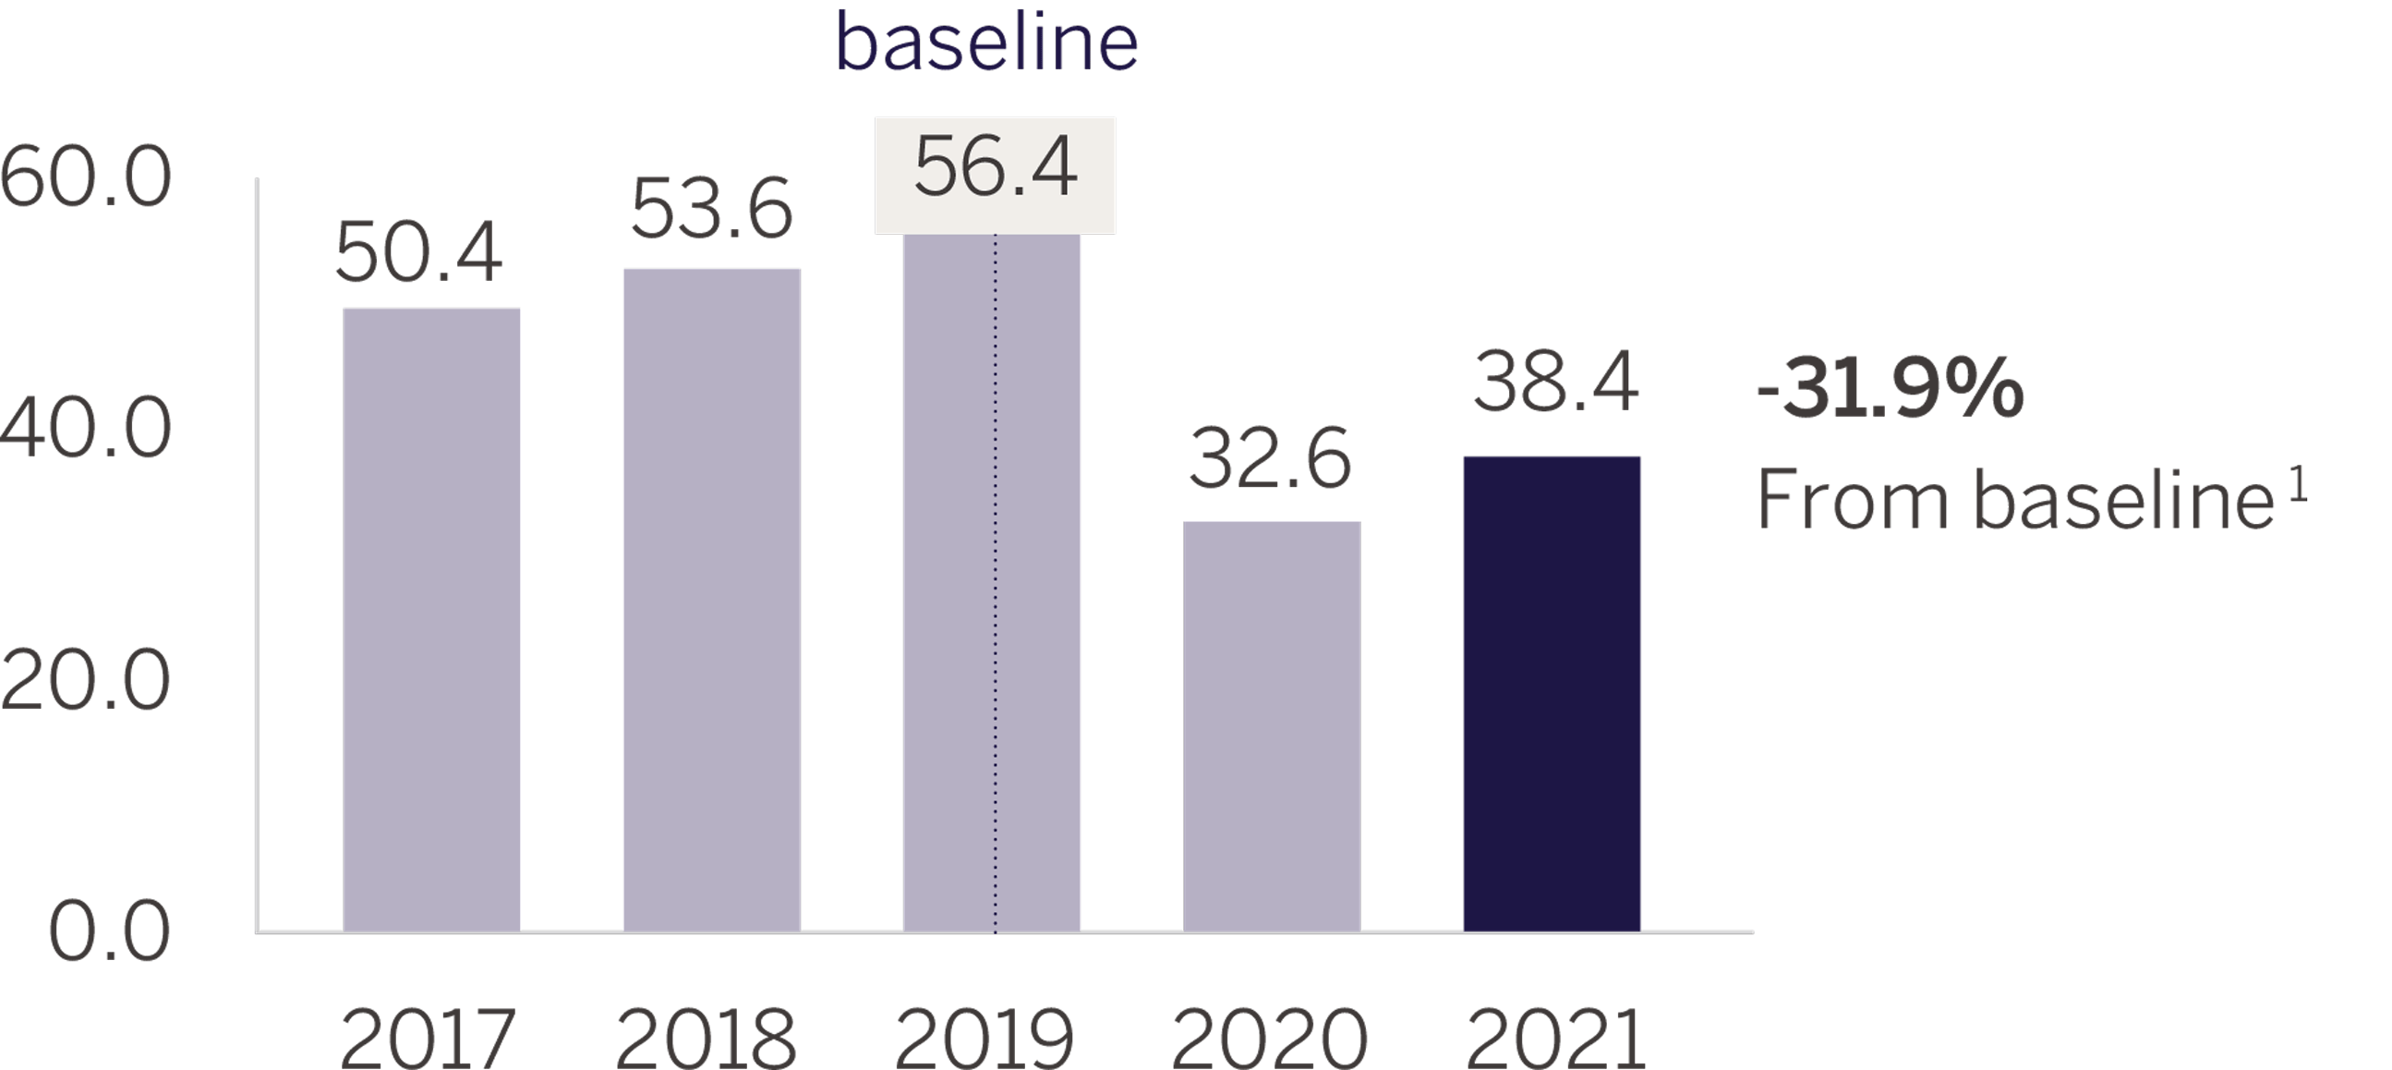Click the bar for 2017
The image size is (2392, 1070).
431,619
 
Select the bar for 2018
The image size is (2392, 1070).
711,600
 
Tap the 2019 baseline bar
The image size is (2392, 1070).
992,582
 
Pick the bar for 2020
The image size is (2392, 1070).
1271,726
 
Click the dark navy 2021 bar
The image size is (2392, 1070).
1552,694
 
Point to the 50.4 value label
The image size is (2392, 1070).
417,252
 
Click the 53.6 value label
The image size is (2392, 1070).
711,210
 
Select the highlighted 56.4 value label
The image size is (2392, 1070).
995,169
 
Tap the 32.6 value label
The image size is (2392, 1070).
1269,459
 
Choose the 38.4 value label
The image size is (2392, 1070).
1555,382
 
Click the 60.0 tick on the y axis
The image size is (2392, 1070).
85,177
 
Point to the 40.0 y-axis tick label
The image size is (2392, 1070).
85,430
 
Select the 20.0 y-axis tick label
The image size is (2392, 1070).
85,682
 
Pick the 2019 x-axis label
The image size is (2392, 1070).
985,1040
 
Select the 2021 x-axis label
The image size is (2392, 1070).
1555,1040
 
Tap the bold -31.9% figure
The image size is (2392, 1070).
1890,390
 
